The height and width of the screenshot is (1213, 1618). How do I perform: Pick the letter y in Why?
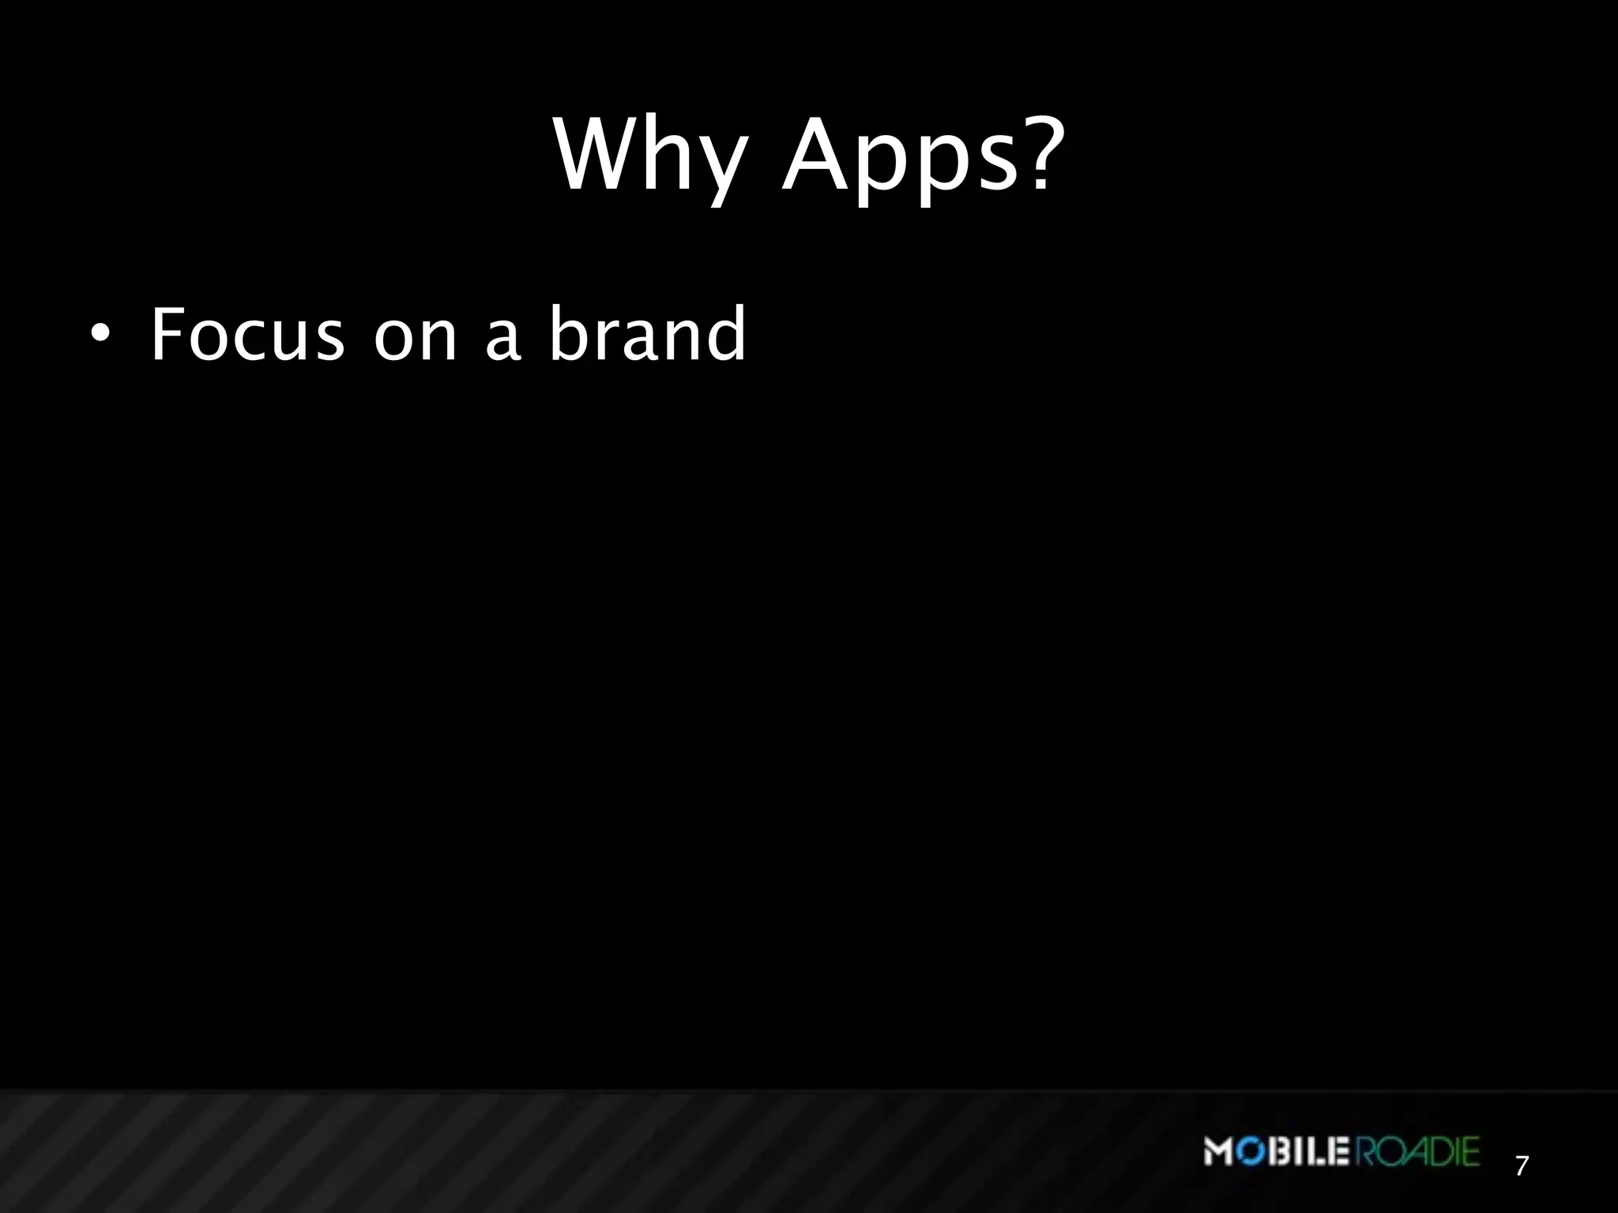(x=720, y=170)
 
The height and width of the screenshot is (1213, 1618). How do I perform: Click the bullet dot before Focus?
(x=98, y=335)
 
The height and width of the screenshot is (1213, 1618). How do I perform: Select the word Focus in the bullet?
(x=247, y=335)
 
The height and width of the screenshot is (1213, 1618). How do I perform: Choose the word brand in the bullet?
(x=647, y=335)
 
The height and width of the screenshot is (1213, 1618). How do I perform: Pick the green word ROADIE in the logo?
(x=1417, y=1152)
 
